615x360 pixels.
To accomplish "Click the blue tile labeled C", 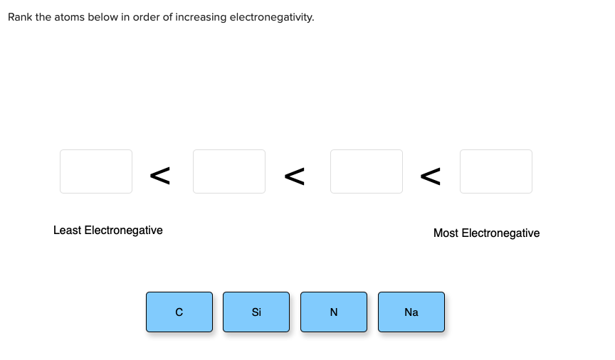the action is tap(179, 312).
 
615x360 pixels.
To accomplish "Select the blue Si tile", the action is tap(256, 312).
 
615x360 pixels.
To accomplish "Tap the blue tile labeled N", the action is tap(334, 312).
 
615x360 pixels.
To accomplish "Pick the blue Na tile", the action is tap(411, 312).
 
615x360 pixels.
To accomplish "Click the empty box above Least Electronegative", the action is tap(96, 171).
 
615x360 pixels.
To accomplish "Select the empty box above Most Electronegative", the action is tap(496, 171).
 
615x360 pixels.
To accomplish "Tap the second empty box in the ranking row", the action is tap(229, 171).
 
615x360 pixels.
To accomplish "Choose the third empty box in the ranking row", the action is tap(367, 171).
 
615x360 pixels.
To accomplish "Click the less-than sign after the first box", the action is tap(160, 176).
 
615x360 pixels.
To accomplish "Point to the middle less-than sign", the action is tap(295, 176).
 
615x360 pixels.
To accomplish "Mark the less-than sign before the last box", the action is tap(430, 176).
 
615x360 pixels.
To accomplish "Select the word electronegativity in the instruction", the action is tap(272, 18).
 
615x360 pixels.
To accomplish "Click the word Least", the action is tap(68, 231).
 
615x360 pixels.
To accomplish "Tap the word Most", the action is tap(446, 233).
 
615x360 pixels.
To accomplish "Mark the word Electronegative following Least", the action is tap(124, 231).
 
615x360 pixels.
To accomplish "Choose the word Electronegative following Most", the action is tap(500, 233).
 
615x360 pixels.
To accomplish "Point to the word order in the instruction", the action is tap(147, 17).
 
